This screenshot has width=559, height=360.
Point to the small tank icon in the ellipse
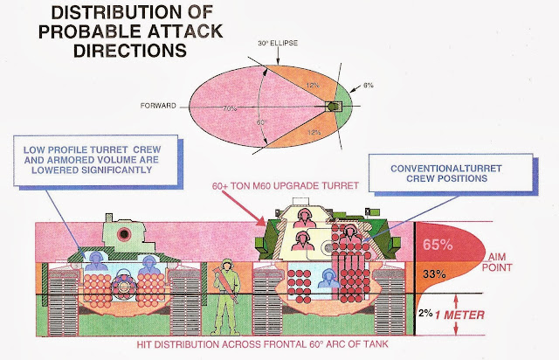click(x=333, y=107)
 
